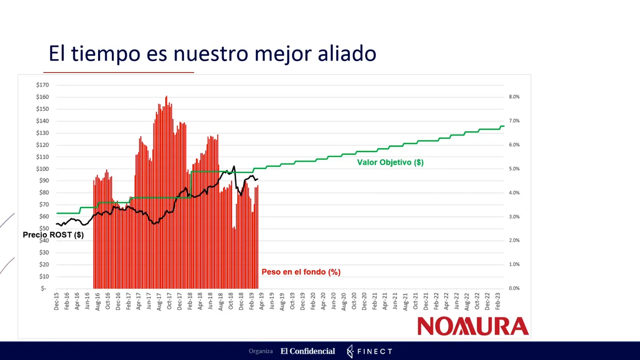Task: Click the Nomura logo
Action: (x=473, y=326)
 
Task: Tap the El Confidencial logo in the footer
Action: (x=308, y=351)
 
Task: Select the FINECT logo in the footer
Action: (x=369, y=351)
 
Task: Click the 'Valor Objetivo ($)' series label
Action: (x=390, y=162)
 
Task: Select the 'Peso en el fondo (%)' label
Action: (x=301, y=272)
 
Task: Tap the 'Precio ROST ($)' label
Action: (x=53, y=235)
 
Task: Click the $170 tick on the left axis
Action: (x=42, y=85)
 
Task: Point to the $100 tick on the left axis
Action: (x=42, y=169)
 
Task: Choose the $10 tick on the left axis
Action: (x=44, y=276)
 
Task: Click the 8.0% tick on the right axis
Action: (x=514, y=97)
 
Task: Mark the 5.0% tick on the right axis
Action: (x=514, y=169)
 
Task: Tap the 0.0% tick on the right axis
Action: (x=514, y=288)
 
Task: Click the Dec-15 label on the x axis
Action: (x=57, y=301)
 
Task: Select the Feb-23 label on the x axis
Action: (x=498, y=301)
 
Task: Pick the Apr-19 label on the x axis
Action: (x=262, y=301)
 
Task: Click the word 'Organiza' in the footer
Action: (x=260, y=351)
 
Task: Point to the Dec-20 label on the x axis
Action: (x=364, y=301)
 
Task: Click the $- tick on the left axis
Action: (x=44, y=288)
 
